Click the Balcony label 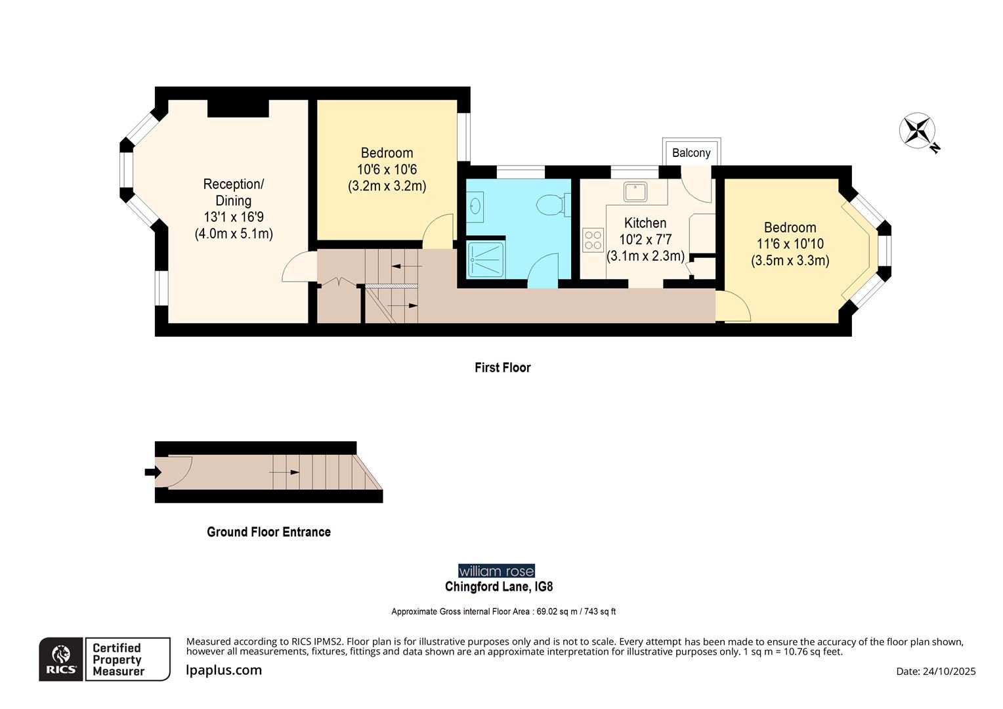(x=691, y=153)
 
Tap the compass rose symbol (x=916, y=129)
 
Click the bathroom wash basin (x=475, y=207)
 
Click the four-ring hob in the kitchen (x=593, y=240)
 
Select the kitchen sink (x=635, y=192)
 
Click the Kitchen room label (x=645, y=223)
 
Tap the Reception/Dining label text (x=233, y=192)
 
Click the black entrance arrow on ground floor (x=152, y=472)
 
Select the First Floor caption (x=502, y=368)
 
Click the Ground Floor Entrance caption (x=268, y=532)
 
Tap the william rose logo (x=496, y=570)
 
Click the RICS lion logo (x=61, y=658)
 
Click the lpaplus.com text (x=224, y=670)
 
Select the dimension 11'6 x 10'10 (x=790, y=244)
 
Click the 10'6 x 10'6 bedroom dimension (x=387, y=169)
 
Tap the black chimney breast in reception (x=238, y=108)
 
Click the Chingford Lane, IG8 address (x=499, y=587)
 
